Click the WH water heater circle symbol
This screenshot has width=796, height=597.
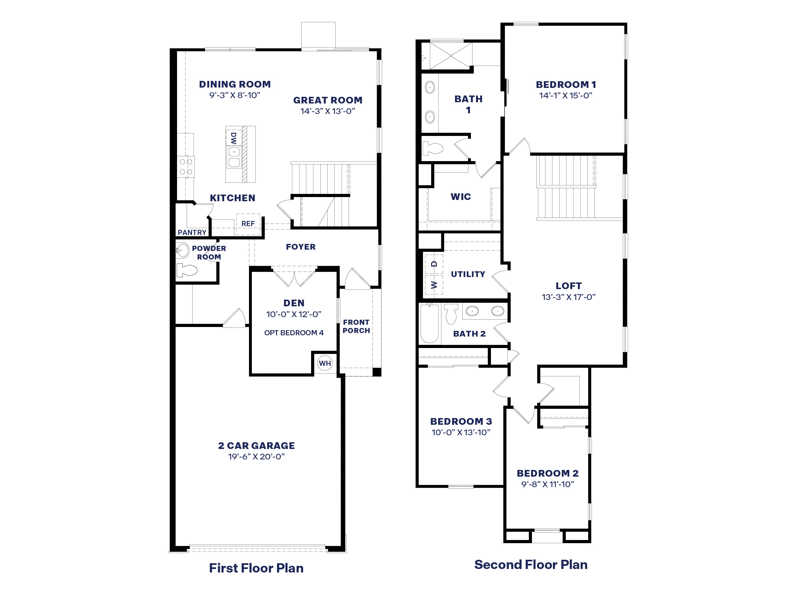pyautogui.click(x=324, y=363)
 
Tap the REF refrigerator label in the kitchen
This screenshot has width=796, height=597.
pyautogui.click(x=248, y=224)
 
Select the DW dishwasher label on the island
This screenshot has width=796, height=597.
pyautogui.click(x=233, y=138)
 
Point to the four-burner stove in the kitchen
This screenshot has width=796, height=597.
pyautogui.click(x=186, y=167)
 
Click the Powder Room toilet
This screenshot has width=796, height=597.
pyautogui.click(x=186, y=270)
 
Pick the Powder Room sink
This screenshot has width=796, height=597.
pyautogui.click(x=183, y=251)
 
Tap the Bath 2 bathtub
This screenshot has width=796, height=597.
pyautogui.click(x=429, y=323)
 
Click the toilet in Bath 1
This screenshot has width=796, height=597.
pyautogui.click(x=432, y=148)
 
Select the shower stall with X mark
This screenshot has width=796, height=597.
pyautogui.click(x=451, y=56)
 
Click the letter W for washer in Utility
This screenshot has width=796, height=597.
pyautogui.click(x=434, y=285)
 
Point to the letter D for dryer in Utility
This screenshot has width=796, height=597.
pyautogui.click(x=434, y=264)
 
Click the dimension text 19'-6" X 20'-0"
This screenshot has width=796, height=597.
pyautogui.click(x=256, y=457)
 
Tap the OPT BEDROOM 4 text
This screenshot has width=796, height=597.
pyautogui.click(x=294, y=333)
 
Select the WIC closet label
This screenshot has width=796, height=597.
pyautogui.click(x=461, y=197)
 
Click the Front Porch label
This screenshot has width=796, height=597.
pyautogui.click(x=356, y=326)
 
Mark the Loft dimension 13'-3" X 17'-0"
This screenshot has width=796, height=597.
pyautogui.click(x=569, y=297)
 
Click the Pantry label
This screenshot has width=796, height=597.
pyautogui.click(x=192, y=232)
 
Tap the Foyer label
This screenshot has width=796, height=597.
pyautogui.click(x=301, y=247)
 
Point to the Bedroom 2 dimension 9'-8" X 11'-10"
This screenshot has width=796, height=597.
pyautogui.click(x=548, y=484)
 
